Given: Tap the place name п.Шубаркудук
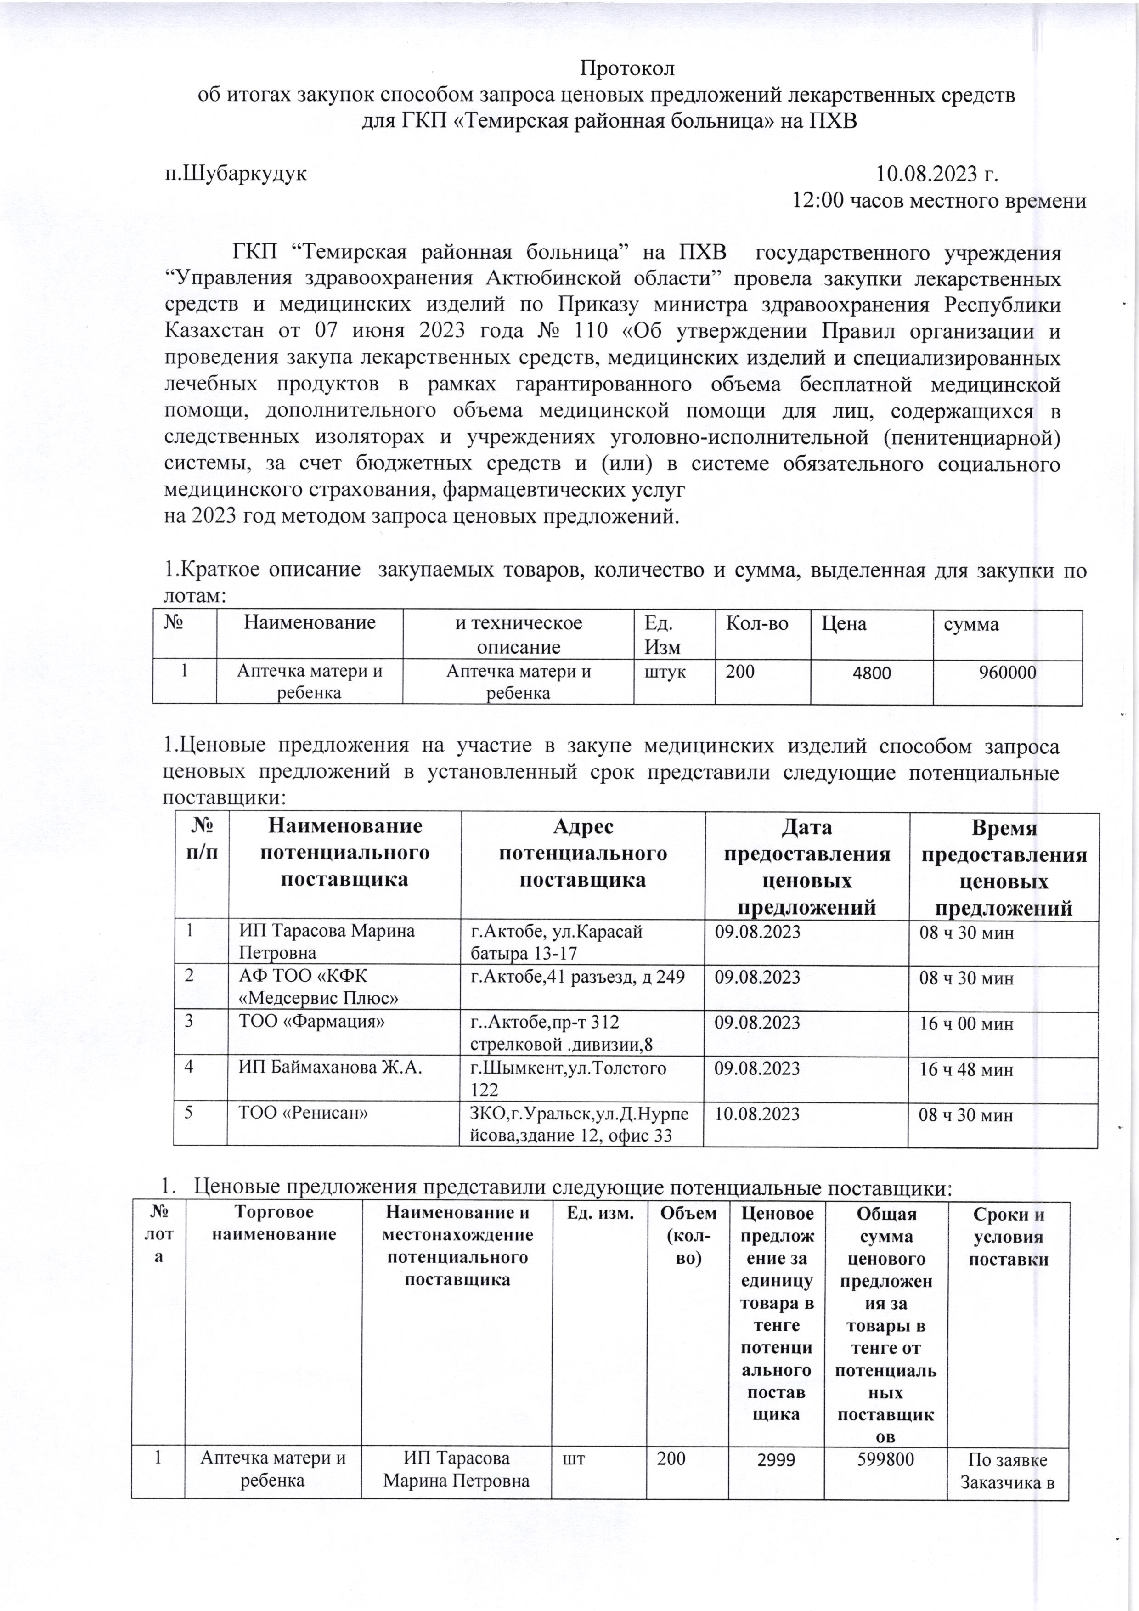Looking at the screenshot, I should tap(236, 173).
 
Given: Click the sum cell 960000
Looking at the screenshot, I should tap(1007, 673).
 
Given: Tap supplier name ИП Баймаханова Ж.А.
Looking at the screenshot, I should tap(330, 1068).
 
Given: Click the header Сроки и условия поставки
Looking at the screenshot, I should tap(1008, 1236).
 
